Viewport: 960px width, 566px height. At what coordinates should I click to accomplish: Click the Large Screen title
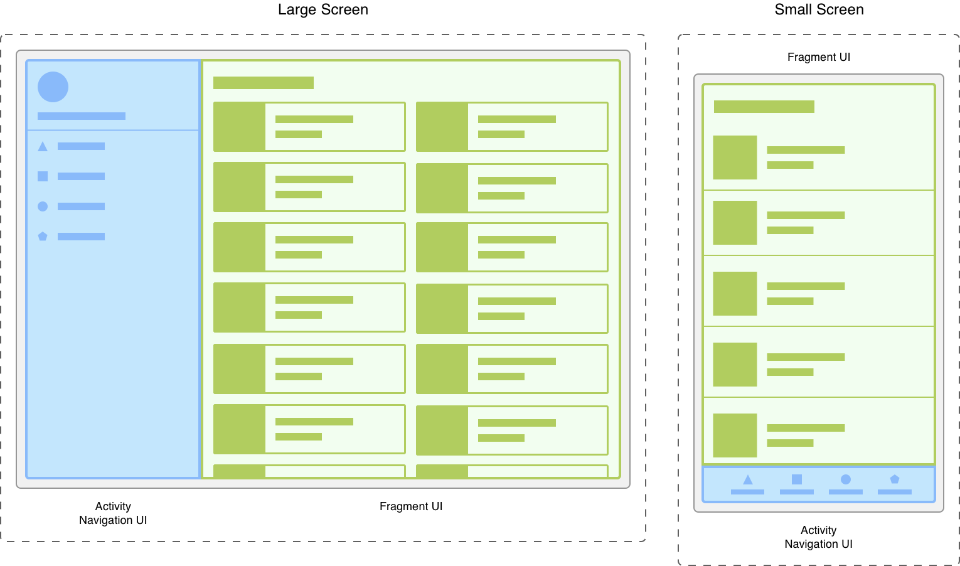(323, 9)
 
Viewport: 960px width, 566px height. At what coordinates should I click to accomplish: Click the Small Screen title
(819, 9)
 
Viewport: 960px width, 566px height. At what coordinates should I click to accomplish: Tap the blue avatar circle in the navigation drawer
(53, 87)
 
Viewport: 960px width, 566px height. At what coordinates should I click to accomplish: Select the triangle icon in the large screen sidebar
(43, 147)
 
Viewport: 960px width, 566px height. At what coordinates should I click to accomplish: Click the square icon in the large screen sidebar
(43, 176)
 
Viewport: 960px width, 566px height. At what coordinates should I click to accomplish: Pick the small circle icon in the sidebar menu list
(43, 206)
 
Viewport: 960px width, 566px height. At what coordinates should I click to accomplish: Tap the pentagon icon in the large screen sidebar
(43, 237)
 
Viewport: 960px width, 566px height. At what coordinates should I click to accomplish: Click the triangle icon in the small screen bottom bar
(747, 480)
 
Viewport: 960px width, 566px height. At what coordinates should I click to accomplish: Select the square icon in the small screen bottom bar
(797, 479)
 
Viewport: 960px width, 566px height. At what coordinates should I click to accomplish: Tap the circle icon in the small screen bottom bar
(846, 479)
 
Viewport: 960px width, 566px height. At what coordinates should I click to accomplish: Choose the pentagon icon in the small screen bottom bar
(895, 479)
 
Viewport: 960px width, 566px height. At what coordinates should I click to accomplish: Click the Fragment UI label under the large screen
(411, 506)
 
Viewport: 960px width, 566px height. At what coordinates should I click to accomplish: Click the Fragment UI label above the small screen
(819, 57)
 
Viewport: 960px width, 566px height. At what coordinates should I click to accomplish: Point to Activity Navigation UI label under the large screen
(113, 513)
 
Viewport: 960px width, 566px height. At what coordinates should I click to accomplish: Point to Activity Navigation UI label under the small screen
(818, 537)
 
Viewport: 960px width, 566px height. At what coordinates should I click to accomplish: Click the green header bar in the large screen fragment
(264, 83)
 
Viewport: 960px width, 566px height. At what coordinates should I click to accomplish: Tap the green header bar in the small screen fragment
(764, 107)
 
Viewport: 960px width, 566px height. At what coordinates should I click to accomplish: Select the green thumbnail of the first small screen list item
(735, 158)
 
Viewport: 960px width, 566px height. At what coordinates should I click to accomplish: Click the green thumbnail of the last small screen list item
(735, 435)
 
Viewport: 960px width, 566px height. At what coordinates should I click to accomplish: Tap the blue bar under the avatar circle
(82, 116)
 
